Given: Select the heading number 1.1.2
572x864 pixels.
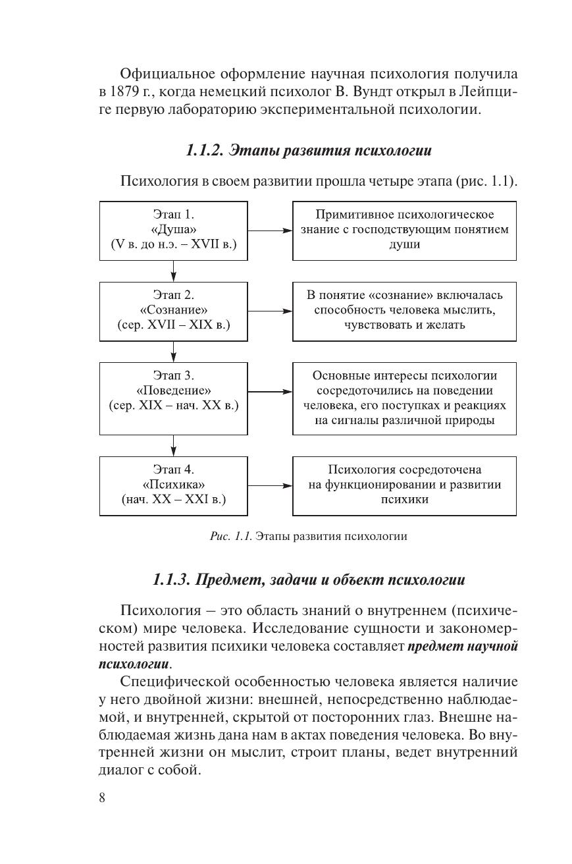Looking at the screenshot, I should tap(205, 151).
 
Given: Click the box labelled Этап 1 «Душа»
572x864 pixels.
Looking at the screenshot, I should tap(174, 230).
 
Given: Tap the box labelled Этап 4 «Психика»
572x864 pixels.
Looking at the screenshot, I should tap(174, 485).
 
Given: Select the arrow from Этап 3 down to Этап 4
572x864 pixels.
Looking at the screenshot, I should tap(174, 445).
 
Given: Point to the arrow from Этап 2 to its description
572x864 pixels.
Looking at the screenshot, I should tap(270, 311).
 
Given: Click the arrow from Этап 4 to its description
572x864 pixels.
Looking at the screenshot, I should tap(270, 486).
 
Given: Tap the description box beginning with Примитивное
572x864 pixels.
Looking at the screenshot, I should tap(404, 230).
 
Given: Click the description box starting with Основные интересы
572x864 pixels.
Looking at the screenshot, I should tap(404, 398).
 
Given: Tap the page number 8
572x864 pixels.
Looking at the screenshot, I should tap(102, 798).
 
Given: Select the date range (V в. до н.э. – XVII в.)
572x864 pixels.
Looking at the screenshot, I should tap(174, 244).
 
